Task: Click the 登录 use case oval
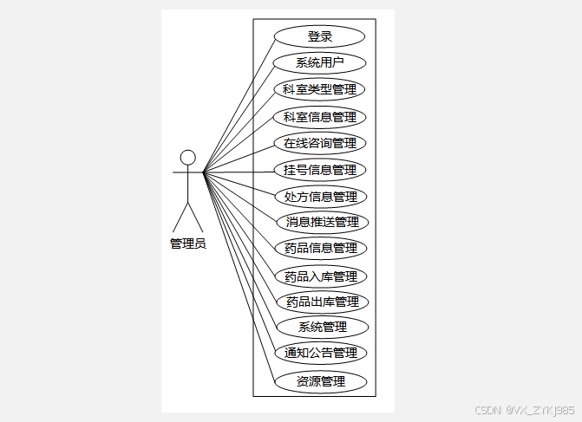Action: [320, 36]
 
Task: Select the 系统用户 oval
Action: [320, 62]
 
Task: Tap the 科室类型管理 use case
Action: [320, 89]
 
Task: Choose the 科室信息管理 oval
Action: [320, 116]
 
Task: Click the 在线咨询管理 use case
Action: [320, 142]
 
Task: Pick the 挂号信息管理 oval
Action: [320, 169]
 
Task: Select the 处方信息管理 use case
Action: [321, 196]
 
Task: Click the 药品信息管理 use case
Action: [321, 248]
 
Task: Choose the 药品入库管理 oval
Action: [321, 276]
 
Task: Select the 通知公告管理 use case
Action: [321, 353]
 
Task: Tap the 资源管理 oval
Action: [321, 381]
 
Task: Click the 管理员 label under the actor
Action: [187, 243]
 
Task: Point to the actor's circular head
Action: [187, 157]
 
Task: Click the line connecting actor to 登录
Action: [239, 105]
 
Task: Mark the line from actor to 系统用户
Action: [239, 118]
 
